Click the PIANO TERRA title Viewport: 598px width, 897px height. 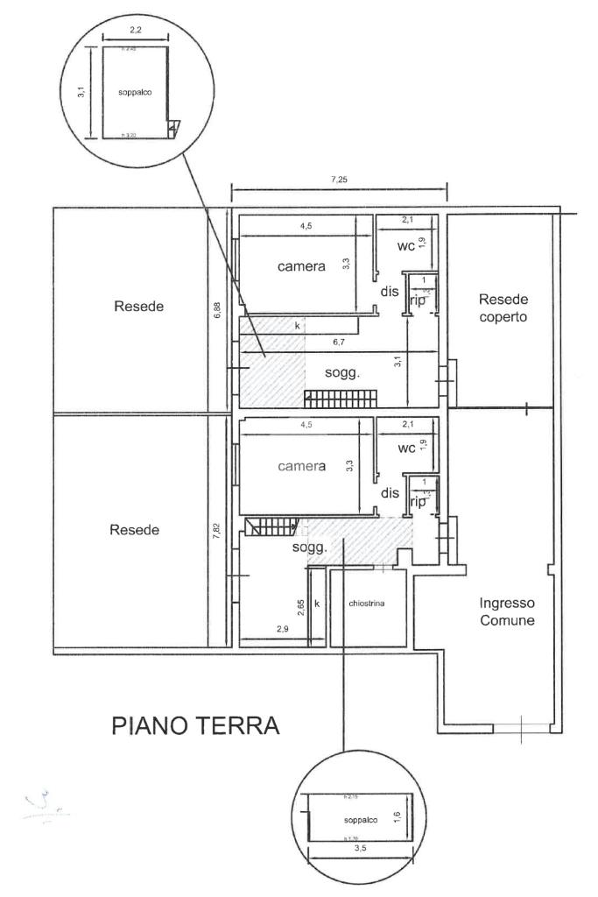(x=196, y=726)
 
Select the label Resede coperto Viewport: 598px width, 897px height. (x=503, y=307)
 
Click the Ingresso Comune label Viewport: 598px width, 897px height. (x=508, y=611)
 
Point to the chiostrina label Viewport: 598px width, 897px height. (x=367, y=604)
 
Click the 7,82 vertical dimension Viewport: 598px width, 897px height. (x=218, y=536)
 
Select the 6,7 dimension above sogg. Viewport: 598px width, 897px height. (x=337, y=343)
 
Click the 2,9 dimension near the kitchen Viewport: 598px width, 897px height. (x=283, y=629)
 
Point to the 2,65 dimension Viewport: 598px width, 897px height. (x=300, y=606)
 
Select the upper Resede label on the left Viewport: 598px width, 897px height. (x=139, y=307)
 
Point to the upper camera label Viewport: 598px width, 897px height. (x=301, y=266)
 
